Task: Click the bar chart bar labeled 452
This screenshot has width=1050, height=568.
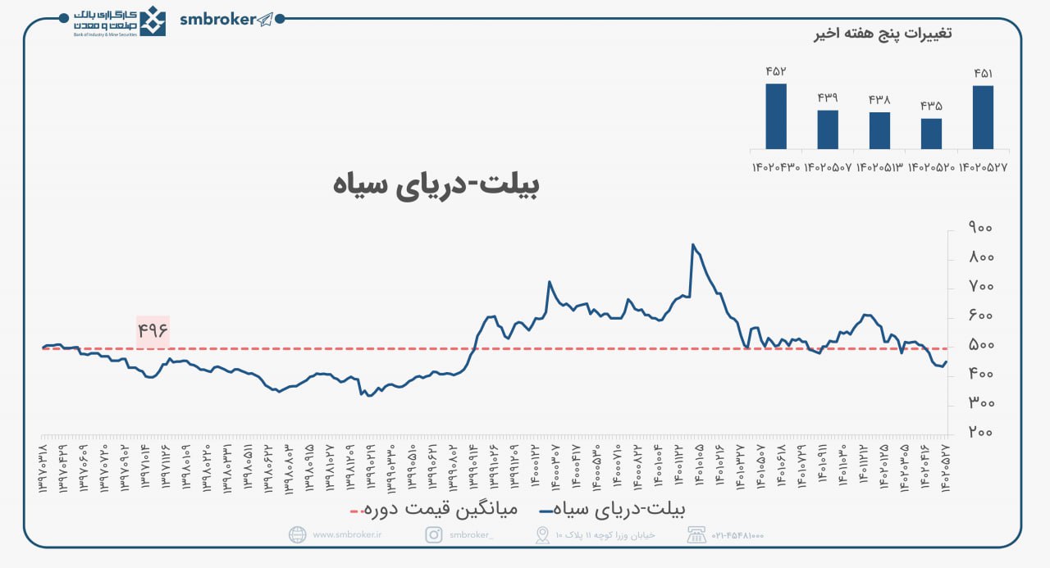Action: pos(776,116)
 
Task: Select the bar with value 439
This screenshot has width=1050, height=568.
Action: pos(828,130)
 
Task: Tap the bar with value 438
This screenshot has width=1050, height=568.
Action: pos(879,130)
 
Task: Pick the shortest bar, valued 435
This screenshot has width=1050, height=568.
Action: pos(931,134)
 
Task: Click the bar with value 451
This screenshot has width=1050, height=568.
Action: pos(983,117)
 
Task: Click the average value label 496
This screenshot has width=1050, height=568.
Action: pos(153,331)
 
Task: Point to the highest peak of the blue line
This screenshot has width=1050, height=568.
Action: pos(693,244)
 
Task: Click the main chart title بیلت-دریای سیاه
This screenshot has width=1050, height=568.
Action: pos(437,184)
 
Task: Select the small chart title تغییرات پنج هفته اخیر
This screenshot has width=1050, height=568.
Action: pos(882,34)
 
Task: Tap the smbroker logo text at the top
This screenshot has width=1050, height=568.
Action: pos(217,20)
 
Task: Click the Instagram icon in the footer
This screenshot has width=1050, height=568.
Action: pos(434,535)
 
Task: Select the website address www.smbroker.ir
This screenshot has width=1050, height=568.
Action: pos(347,535)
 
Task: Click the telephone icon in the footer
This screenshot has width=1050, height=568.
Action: pos(696,535)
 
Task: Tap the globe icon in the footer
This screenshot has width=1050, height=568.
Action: pos(298,535)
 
